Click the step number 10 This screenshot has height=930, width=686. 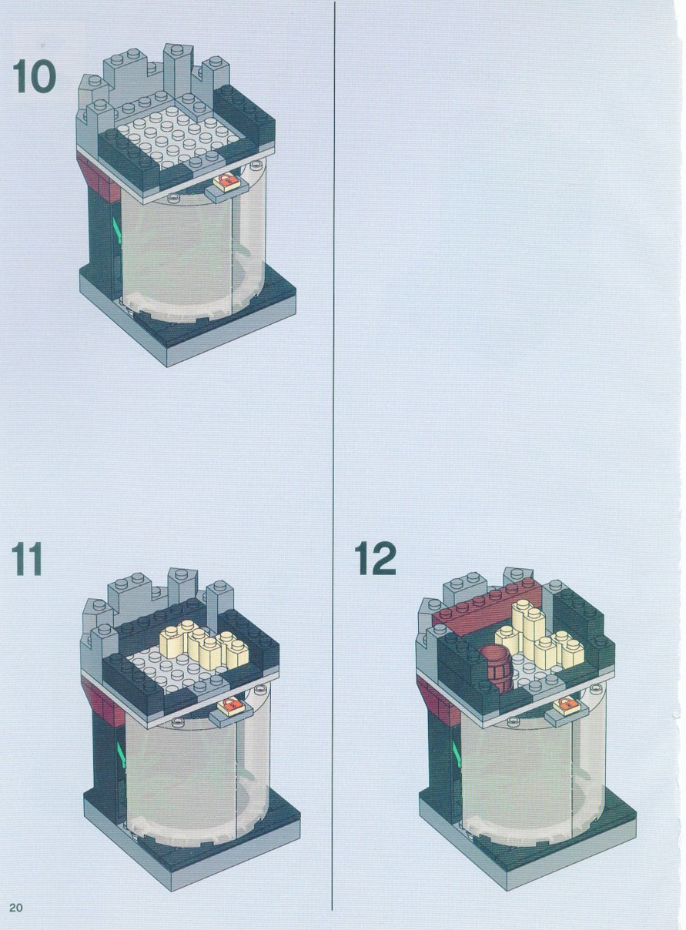[x=34, y=76]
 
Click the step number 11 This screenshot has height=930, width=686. [x=27, y=559]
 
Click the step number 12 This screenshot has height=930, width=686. [x=376, y=559]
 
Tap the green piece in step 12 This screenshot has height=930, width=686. [x=457, y=754]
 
